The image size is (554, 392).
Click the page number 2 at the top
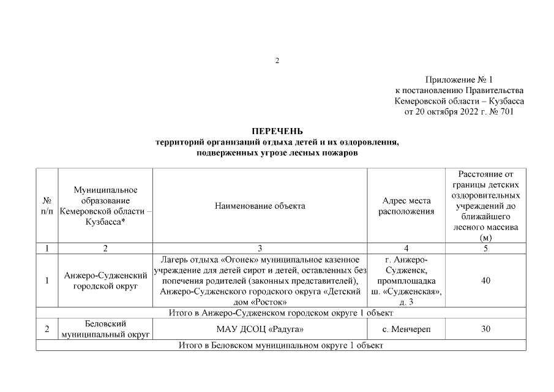coord(277,61)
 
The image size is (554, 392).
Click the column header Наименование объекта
coord(260,206)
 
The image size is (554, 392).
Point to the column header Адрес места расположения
coord(406,206)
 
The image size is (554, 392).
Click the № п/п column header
coord(47,206)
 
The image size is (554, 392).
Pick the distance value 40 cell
coord(485,281)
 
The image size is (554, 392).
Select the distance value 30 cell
coord(485,330)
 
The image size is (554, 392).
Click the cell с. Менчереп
coord(406,330)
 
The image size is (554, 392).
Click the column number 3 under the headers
coord(260,248)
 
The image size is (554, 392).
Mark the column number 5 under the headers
coord(485,248)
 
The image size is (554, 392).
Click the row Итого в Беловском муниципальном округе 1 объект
coord(280,346)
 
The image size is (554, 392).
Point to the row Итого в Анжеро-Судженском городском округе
coord(280,314)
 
